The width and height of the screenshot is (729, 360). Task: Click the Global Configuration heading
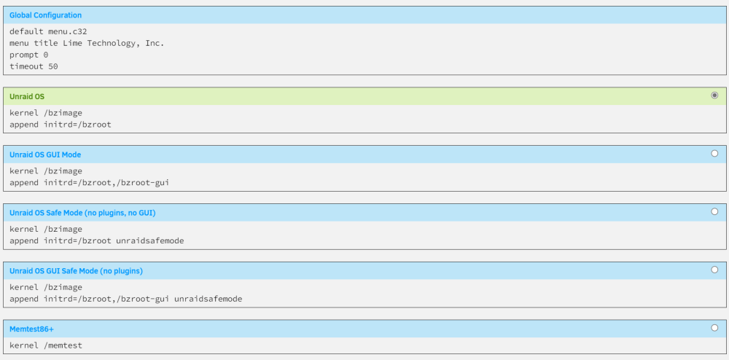click(45, 15)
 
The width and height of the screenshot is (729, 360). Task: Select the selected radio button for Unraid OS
click(714, 95)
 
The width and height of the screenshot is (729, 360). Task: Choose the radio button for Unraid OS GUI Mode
click(714, 153)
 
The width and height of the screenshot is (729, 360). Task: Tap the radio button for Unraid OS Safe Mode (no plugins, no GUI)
click(714, 211)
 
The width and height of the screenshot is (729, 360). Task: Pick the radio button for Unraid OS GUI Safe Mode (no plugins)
click(714, 270)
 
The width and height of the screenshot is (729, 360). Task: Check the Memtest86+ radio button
click(714, 327)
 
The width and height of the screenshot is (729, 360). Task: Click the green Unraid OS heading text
click(27, 97)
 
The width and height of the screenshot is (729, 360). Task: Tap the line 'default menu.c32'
click(48, 31)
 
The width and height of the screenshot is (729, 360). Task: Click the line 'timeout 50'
click(34, 66)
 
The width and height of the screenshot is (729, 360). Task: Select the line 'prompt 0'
click(29, 55)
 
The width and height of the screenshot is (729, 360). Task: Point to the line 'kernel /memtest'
click(45, 345)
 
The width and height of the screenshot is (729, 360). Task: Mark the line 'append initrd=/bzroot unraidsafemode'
click(97, 240)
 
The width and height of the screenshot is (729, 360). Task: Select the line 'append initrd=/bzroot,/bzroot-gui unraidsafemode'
click(126, 299)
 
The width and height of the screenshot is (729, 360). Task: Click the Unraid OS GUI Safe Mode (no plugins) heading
click(76, 271)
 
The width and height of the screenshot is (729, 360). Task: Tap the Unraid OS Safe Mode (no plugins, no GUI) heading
click(82, 213)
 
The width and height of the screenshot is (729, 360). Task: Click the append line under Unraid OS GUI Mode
click(89, 183)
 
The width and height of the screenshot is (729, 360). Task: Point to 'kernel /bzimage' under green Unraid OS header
click(45, 113)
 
